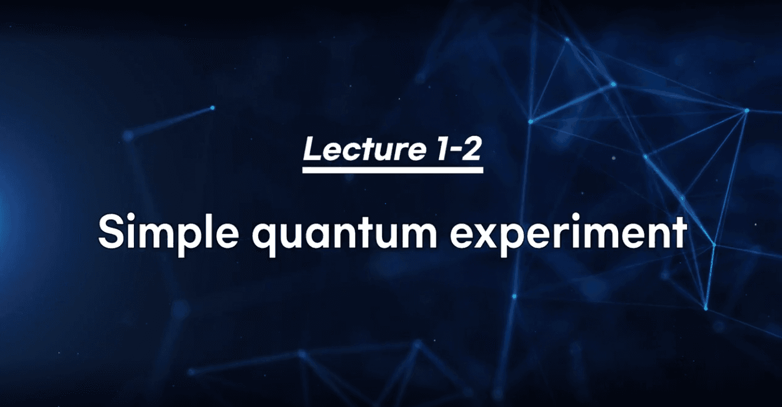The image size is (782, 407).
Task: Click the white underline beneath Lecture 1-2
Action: pyautogui.click(x=393, y=170)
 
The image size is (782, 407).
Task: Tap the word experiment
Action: pyautogui.click(x=568, y=234)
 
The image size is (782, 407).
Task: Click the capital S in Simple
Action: pyautogui.click(x=111, y=231)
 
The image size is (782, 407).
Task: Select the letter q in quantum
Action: pyautogui.click(x=265, y=239)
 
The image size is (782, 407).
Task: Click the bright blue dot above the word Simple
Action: pyautogui.click(x=212, y=108)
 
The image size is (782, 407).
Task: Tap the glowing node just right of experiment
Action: pyautogui.click(x=714, y=245)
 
